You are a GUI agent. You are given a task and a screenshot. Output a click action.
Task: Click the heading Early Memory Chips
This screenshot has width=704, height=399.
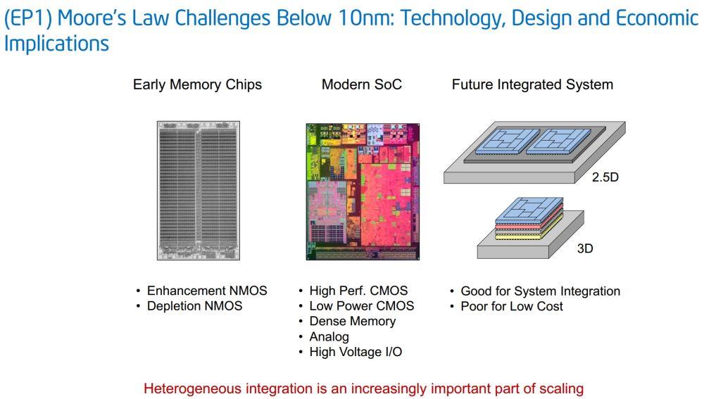pos(197,84)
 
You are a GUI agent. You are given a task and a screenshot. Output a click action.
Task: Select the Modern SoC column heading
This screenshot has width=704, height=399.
pos(361,84)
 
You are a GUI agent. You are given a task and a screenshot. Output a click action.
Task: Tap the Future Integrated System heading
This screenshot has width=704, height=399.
pos(532,84)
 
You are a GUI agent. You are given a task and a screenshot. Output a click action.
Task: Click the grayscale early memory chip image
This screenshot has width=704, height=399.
pos(199,190)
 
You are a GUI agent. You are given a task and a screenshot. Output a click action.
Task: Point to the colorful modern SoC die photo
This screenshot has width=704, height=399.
pos(363,191)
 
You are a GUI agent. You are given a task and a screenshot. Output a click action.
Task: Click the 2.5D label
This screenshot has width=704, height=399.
pos(605,177)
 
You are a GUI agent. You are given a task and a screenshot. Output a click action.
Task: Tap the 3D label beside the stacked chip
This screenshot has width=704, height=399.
pos(585,248)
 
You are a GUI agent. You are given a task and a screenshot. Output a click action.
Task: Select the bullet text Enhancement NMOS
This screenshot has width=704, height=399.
pos(207,291)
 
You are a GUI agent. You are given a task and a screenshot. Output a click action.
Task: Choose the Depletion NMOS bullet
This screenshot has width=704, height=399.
pos(194,306)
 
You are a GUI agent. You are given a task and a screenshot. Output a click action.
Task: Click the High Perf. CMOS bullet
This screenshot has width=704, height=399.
pos(358,291)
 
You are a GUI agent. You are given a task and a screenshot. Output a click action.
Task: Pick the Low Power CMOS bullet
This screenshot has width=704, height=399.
pos(361,306)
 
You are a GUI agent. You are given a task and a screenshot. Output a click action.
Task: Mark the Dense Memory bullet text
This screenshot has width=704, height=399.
pos(353,322)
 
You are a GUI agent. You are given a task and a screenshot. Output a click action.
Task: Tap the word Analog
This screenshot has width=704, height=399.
pos(329,337)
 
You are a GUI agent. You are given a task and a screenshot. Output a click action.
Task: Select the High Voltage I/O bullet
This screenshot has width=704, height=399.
pos(356,352)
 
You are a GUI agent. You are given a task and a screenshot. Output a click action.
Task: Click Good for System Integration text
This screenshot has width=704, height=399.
pos(540,291)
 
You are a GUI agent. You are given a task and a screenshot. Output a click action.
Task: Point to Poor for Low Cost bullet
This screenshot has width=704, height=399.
pos(511,307)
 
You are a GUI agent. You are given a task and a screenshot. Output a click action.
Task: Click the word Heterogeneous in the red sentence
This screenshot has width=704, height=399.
pos(193,388)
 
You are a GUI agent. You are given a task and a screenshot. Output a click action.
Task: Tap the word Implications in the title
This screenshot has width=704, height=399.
pos(56,44)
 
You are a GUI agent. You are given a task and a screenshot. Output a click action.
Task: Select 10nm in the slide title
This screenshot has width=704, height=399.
pos(365,18)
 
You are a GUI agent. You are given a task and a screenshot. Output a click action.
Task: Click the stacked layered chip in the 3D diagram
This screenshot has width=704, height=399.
pos(529,218)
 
